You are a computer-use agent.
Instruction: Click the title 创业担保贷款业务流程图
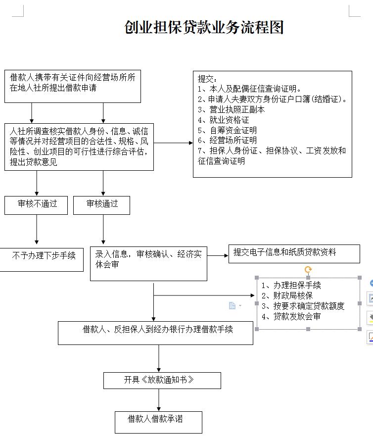click(204, 27)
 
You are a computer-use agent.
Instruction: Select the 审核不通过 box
click(36, 205)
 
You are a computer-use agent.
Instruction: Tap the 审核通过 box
click(101, 205)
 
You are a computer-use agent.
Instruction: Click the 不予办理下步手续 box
click(42, 259)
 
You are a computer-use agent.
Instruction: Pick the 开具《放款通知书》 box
click(162, 381)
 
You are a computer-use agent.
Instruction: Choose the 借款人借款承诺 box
click(158, 422)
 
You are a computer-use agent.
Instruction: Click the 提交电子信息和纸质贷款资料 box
click(294, 254)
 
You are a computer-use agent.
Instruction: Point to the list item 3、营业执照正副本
click(231, 109)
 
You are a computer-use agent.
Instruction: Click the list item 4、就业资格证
click(223, 120)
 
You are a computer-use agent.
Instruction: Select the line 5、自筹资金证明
click(227, 130)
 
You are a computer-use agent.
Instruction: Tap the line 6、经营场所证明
click(227, 140)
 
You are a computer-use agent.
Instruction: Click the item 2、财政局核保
click(287, 295)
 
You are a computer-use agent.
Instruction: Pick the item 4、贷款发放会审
click(291, 316)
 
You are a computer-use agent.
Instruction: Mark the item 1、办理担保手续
click(291, 286)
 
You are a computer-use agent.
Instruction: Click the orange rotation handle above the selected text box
click(308, 270)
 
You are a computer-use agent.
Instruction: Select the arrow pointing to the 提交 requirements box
click(173, 143)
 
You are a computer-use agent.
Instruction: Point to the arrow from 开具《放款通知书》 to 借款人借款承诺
click(159, 400)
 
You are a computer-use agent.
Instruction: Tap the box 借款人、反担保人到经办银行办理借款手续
click(155, 333)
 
